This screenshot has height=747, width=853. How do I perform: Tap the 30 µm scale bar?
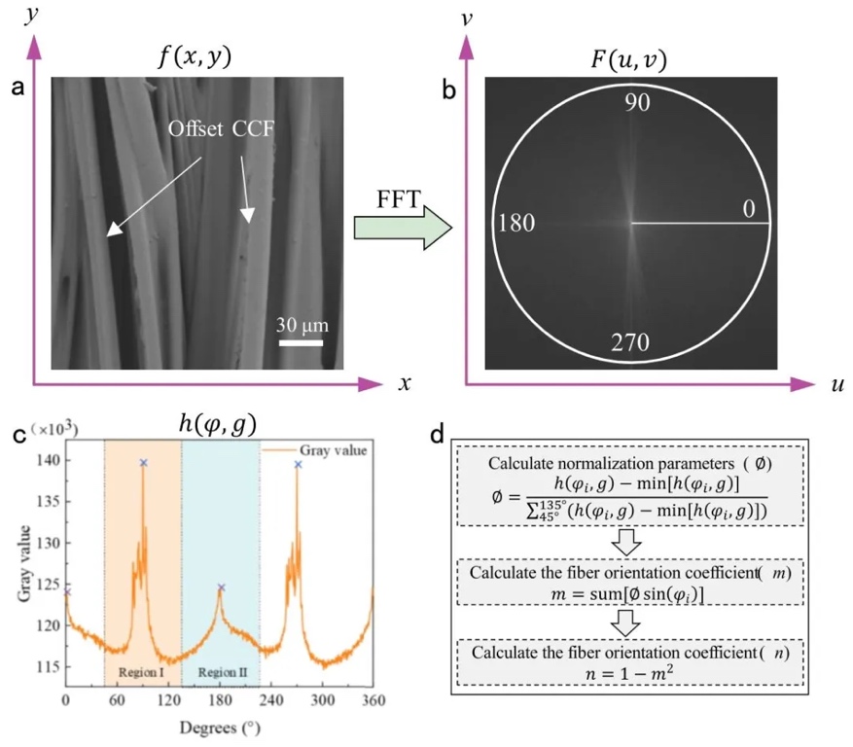pos(302,342)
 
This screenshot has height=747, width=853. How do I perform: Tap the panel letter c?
pos(17,434)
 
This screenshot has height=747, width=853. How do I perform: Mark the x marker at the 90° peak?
pos(144,463)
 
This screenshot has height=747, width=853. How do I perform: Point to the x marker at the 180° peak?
pos(221,587)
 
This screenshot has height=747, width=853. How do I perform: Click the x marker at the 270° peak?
pos(298,464)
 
